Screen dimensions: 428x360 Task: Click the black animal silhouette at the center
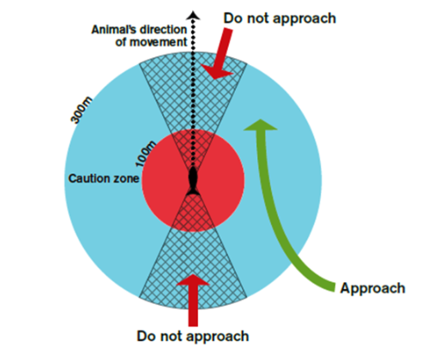(x=193, y=181)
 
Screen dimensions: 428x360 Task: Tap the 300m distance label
(x=81, y=111)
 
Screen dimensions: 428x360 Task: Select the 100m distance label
(x=146, y=153)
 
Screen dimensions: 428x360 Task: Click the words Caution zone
(x=104, y=178)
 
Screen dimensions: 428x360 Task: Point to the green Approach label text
(x=372, y=288)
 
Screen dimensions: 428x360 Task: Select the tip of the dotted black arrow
(x=193, y=12)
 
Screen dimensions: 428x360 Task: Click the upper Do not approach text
(x=280, y=19)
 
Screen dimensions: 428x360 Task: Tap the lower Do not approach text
(x=193, y=336)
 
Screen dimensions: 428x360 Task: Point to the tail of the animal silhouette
(x=193, y=191)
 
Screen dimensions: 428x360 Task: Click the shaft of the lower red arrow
(x=193, y=306)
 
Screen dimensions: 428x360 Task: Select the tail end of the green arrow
(x=335, y=287)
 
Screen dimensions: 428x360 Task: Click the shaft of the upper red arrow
(x=224, y=49)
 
